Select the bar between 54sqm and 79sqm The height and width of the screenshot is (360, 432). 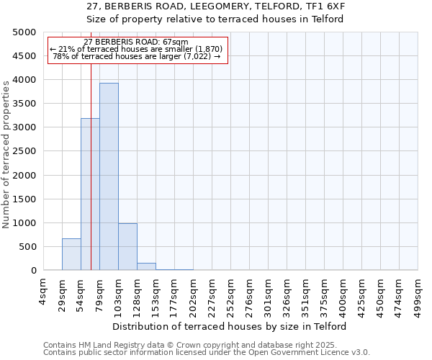(x=90, y=194)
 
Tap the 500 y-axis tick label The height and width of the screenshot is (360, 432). (x=28, y=247)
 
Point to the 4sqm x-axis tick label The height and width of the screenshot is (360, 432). (x=43, y=292)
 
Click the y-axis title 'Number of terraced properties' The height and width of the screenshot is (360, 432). (x=7, y=154)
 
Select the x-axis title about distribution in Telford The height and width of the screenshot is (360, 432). (x=230, y=326)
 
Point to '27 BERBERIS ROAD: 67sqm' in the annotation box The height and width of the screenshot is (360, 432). (x=136, y=42)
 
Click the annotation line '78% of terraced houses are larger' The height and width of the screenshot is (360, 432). (x=137, y=56)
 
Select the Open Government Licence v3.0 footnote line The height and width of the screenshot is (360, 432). (x=207, y=352)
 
